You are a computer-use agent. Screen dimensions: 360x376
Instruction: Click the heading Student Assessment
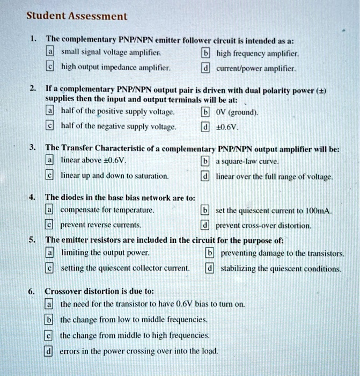(77, 16)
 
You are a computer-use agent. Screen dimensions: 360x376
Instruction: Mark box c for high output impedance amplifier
(50, 68)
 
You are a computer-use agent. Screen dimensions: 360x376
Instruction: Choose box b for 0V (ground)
(205, 112)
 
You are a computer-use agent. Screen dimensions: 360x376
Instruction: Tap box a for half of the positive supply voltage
(50, 112)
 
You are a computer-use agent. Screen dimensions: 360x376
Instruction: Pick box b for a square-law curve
(205, 161)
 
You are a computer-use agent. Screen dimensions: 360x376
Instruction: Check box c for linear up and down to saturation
(50, 176)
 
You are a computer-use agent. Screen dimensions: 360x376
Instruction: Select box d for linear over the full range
(205, 176)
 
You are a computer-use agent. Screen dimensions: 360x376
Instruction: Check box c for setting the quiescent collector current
(50, 267)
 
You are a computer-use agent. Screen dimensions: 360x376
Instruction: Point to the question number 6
(32, 291)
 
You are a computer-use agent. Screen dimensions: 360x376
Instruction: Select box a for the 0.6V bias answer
(49, 304)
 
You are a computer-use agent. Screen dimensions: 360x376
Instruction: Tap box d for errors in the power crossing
(49, 351)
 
